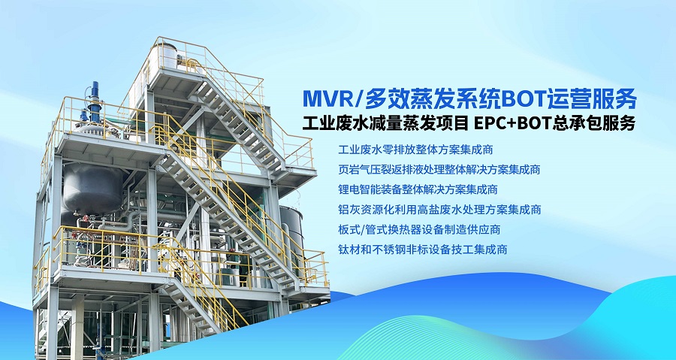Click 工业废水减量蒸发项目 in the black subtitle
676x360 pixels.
378,123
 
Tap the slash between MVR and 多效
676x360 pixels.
361,98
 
